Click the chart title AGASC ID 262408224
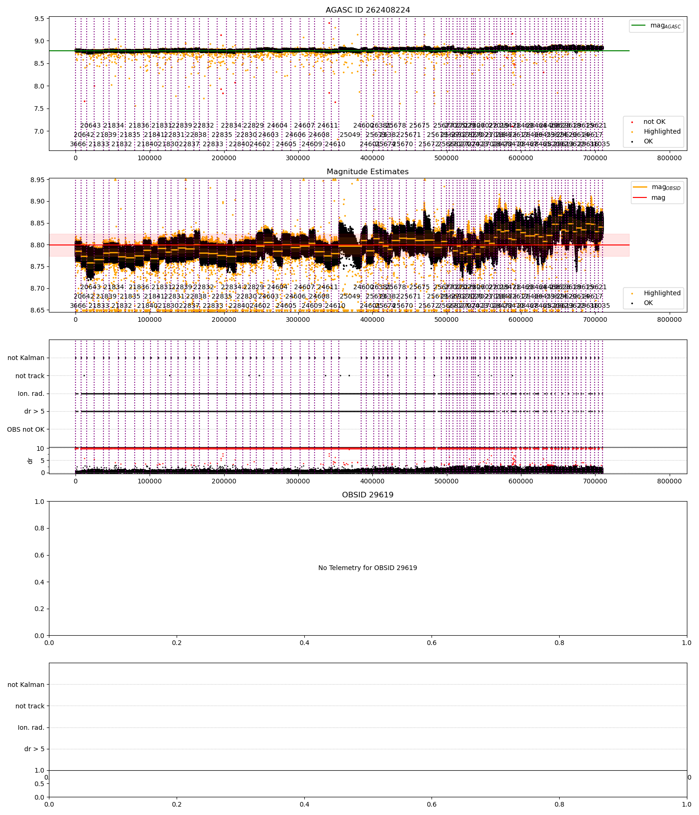click(x=368, y=10)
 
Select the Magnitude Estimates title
click(x=368, y=172)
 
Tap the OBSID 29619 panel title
click(x=368, y=495)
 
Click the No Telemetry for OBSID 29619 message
click(x=368, y=568)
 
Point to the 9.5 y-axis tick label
click(x=40, y=19)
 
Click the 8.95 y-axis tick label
click(x=37, y=180)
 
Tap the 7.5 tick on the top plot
click(x=40, y=109)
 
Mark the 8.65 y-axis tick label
click(x=37, y=310)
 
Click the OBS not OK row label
click(x=26, y=429)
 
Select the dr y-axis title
click(x=30, y=461)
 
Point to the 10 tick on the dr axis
click(x=41, y=448)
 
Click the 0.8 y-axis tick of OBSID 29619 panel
click(x=40, y=529)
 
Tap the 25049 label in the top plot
click(x=350, y=135)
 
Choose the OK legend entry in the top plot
click(x=648, y=142)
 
